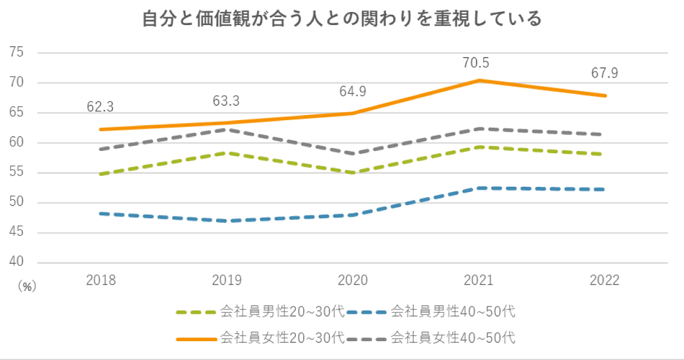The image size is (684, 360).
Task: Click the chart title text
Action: coord(341,19)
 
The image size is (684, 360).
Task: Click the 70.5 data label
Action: coord(477,62)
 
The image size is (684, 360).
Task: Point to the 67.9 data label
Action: coord(604,74)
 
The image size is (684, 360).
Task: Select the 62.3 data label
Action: coord(101,107)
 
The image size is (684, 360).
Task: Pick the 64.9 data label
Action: coord(353,92)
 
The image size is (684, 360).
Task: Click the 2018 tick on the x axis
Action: coord(101,280)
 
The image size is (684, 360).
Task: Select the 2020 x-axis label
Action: coord(353,280)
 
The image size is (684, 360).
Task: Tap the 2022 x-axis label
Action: coord(604,280)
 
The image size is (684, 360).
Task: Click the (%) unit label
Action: coord(26,287)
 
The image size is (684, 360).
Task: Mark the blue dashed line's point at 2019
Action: coord(227,221)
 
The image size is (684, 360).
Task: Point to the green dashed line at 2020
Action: coord(353,173)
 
